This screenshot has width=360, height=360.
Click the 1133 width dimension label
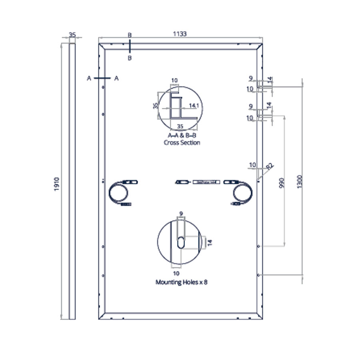point(180,34)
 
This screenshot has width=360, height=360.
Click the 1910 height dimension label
point(56,184)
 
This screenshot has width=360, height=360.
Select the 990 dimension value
point(283,183)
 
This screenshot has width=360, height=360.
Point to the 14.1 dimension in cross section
point(194,106)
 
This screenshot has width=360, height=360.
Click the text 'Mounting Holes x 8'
point(181,282)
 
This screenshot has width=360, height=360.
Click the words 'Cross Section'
point(182,143)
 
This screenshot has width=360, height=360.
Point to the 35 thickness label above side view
point(72,35)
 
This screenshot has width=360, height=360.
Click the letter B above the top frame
point(130,35)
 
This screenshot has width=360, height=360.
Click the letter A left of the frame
point(89,78)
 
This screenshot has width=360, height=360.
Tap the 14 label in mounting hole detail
point(209,242)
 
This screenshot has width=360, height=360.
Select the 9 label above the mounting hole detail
point(181,214)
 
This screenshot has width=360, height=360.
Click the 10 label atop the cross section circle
point(174,80)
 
